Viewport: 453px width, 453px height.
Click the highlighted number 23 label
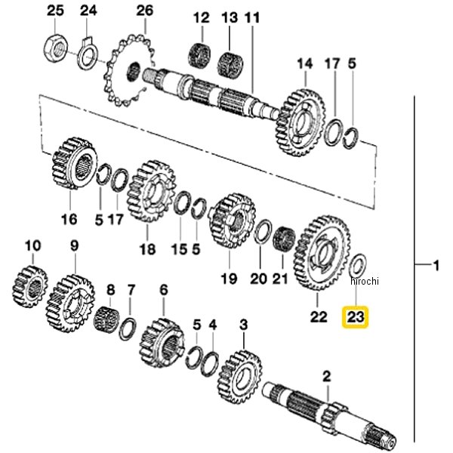tap(355, 317)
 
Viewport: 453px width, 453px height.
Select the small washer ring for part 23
tap(360, 265)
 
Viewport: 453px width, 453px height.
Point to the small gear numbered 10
tap(31, 288)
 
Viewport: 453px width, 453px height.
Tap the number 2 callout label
tap(327, 375)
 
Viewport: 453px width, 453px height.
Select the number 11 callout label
tap(252, 17)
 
